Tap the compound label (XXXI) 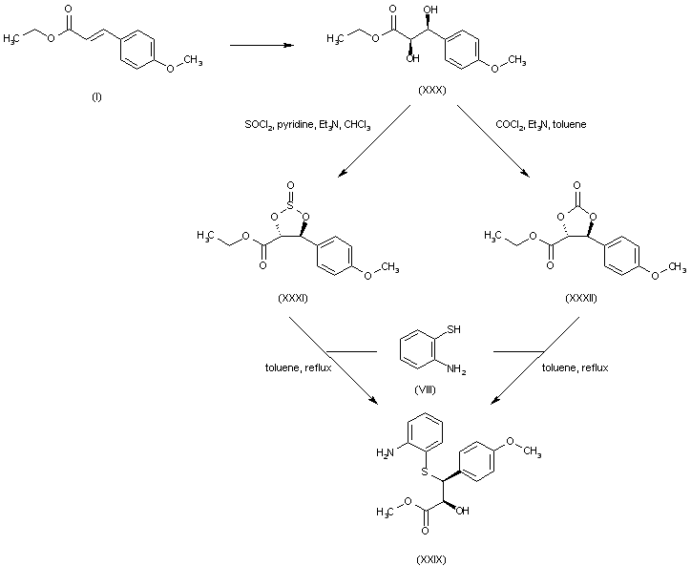coord(291,298)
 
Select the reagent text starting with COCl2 coord(541,125)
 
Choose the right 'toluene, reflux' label coord(575,367)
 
